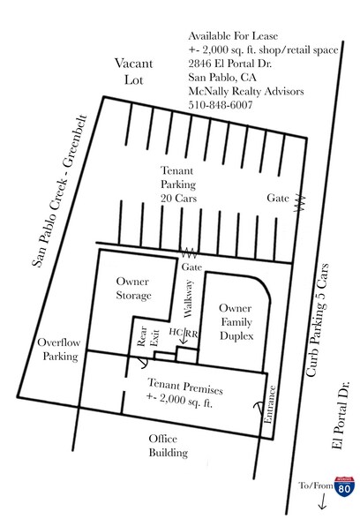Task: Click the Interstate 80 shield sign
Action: tap(344, 486)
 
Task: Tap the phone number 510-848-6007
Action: tap(221, 105)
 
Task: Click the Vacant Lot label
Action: tap(134, 71)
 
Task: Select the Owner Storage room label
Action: tap(133, 289)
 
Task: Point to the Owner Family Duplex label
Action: tap(236, 322)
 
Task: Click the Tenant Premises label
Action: tap(184, 394)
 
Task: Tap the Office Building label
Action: tap(168, 446)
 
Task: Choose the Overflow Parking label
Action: tap(59, 350)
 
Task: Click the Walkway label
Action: tap(188, 298)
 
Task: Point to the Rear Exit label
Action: tap(148, 336)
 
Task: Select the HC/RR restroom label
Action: tap(184, 333)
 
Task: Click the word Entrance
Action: tap(269, 404)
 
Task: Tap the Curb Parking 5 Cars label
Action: tap(318, 320)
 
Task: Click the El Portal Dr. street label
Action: tap(341, 416)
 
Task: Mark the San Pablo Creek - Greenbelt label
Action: tap(60, 191)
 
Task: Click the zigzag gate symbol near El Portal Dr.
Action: tap(300, 202)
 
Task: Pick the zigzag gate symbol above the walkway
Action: tap(189, 253)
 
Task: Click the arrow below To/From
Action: tap(323, 500)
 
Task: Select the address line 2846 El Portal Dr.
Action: tap(229, 64)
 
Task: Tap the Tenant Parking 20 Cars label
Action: tap(178, 184)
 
